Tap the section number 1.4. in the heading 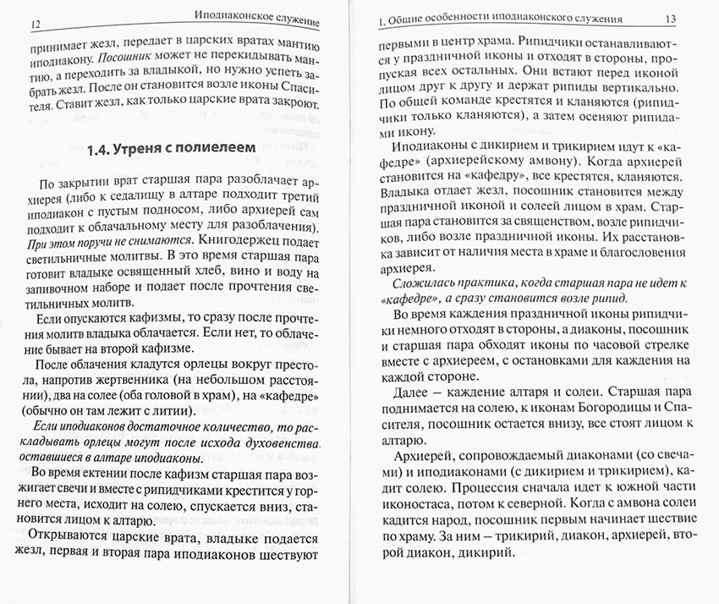104,150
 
